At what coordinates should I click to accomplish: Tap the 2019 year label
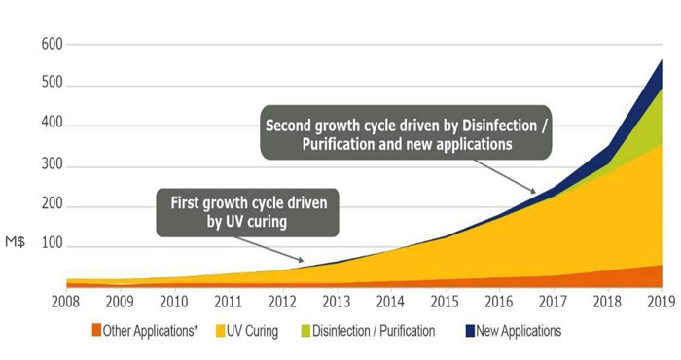(x=662, y=303)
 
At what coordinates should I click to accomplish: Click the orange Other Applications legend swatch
(x=97, y=331)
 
